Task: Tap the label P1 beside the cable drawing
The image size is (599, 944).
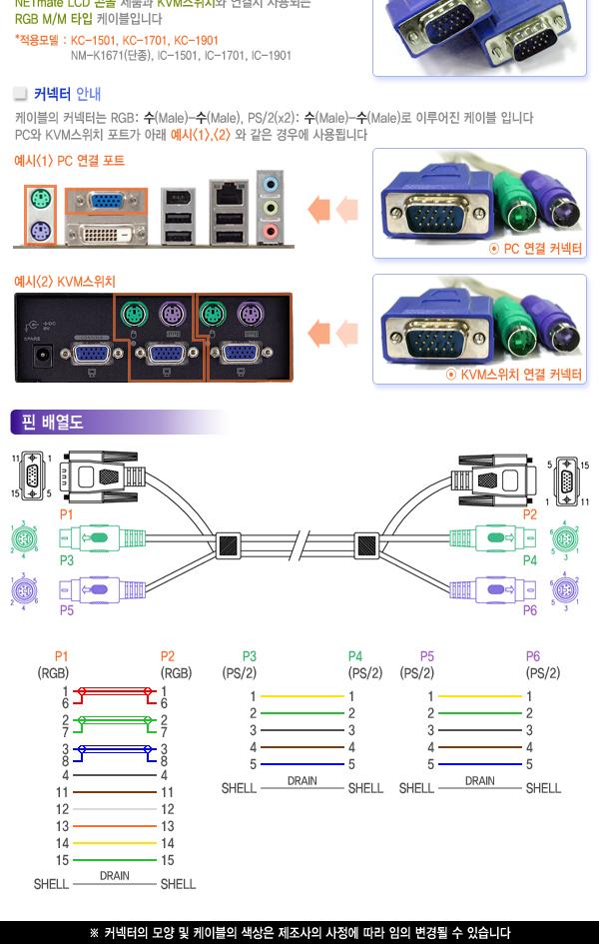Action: pyautogui.click(x=67, y=513)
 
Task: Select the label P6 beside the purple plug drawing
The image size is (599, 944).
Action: pyautogui.click(x=530, y=609)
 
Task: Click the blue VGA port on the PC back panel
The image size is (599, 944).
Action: pyautogui.click(x=104, y=201)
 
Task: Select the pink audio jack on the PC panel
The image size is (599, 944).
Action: pyautogui.click(x=269, y=231)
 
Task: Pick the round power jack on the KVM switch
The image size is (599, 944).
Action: pyautogui.click(x=43, y=356)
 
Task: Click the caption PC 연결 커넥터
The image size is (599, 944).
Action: pyautogui.click(x=536, y=250)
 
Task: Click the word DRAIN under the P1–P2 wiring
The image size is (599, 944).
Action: pyautogui.click(x=114, y=875)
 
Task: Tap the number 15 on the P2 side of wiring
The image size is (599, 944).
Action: pyautogui.click(x=167, y=860)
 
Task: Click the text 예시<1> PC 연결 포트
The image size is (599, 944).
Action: pyautogui.click(x=69, y=161)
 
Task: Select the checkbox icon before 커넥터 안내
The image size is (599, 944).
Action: pyautogui.click(x=20, y=95)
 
